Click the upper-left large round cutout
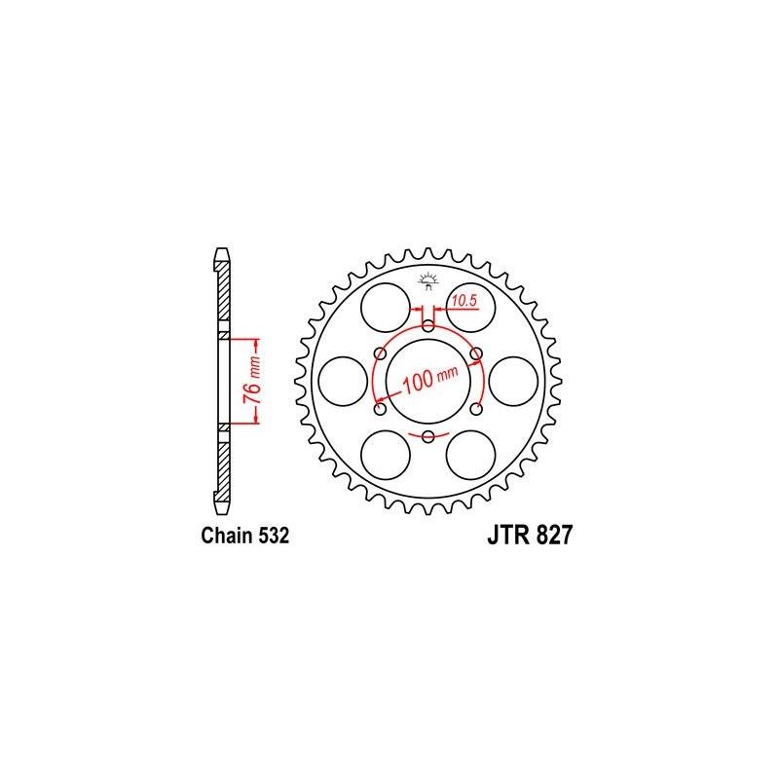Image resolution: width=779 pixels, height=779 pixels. [x=384, y=306]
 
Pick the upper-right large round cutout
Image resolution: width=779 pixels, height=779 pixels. [x=471, y=306]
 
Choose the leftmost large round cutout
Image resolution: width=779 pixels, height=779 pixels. [x=343, y=380]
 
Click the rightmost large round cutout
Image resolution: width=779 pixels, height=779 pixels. [x=513, y=380]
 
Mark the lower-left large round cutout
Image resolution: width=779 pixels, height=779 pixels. [x=384, y=454]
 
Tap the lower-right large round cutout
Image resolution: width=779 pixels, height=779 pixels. [x=471, y=454]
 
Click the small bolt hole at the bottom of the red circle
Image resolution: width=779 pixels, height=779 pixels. [x=428, y=434]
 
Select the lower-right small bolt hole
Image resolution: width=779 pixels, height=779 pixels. [x=476, y=408]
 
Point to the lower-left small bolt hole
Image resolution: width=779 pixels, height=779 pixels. [x=381, y=408]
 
